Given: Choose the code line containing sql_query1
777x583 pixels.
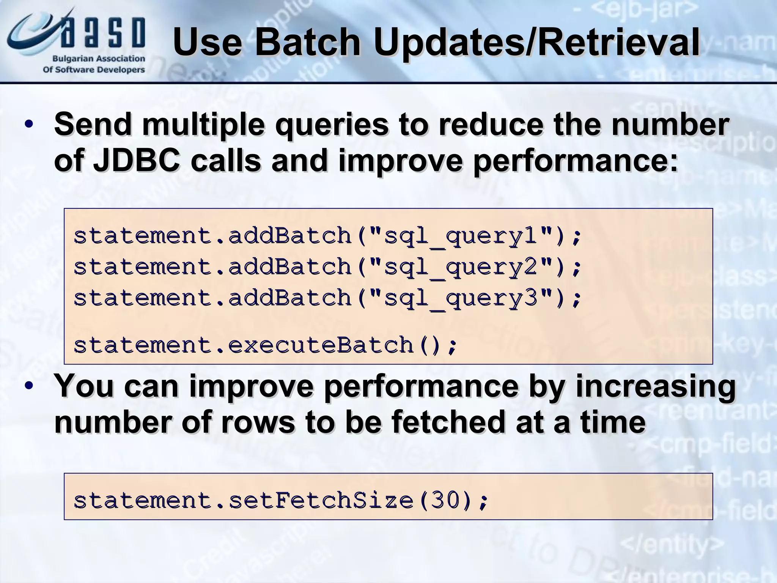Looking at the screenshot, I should point(327,236).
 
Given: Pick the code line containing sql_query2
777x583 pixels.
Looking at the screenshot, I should point(327,267).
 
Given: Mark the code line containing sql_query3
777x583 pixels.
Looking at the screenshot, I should point(327,298).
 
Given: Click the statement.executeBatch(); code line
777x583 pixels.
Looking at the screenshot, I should point(266,345).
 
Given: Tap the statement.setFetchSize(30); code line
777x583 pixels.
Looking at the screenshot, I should point(281,500).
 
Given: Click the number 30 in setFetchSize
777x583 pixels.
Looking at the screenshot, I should point(445,500).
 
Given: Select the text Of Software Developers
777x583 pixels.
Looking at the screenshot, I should point(94,70).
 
